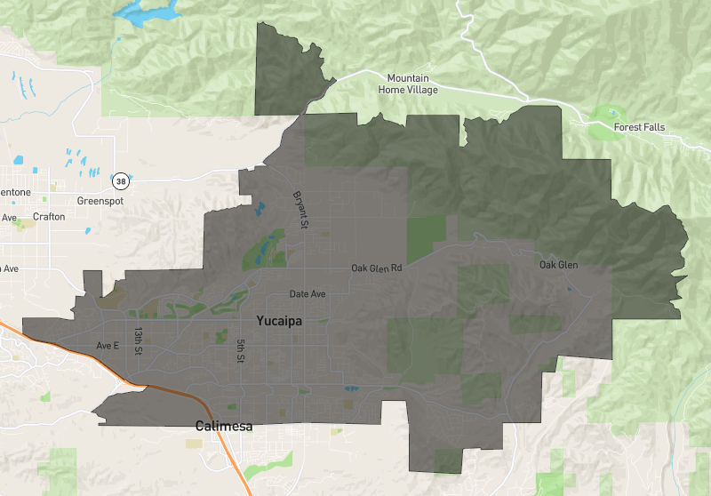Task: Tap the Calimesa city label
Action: [224, 427]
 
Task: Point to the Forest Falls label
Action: [638, 127]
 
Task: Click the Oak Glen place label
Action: [558, 265]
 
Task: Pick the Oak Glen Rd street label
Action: [376, 268]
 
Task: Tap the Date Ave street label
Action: [308, 294]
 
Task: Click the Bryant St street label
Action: [300, 208]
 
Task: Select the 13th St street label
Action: [139, 340]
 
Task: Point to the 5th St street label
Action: [240, 349]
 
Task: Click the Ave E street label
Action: [107, 345]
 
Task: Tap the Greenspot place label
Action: [100, 201]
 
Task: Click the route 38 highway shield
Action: [120, 181]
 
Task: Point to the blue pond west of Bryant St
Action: [260, 211]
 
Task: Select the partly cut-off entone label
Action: [14, 192]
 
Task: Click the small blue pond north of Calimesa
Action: [349, 388]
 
